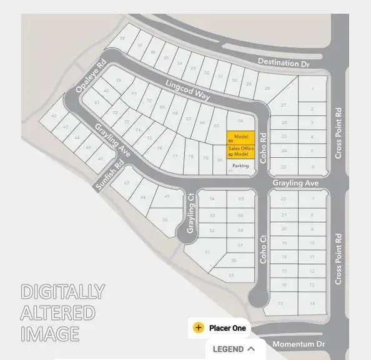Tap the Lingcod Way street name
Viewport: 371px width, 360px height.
tap(188, 90)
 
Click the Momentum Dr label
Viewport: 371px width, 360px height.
tap(299, 344)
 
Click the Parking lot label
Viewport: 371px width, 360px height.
tap(240, 166)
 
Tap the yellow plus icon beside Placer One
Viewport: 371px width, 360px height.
tap(199, 328)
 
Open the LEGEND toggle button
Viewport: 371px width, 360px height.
tap(234, 349)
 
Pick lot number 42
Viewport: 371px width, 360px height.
tap(54, 116)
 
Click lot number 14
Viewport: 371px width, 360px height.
tap(312, 303)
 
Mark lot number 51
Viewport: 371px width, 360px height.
tap(207, 252)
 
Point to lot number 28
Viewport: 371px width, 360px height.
tap(267, 89)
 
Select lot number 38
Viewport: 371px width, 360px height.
tap(122, 39)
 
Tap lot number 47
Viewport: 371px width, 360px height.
tap(127, 183)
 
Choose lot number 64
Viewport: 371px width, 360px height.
tap(240, 120)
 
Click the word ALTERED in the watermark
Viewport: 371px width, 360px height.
tap(57, 313)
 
